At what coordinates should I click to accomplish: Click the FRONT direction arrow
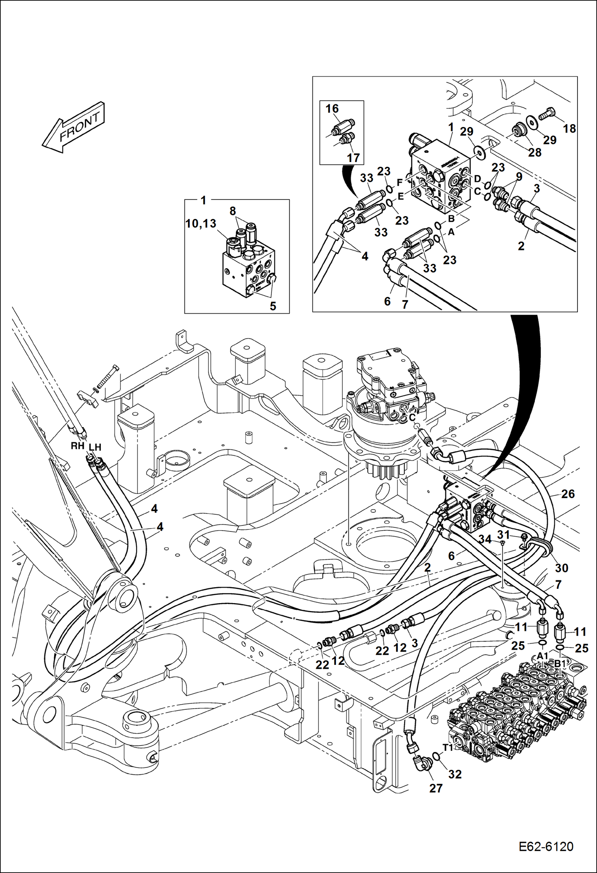pyautogui.click(x=74, y=127)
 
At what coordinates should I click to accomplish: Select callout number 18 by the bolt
pyautogui.click(x=570, y=129)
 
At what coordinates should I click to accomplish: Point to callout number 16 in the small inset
pyautogui.click(x=332, y=109)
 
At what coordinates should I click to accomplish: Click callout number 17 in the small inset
pyautogui.click(x=353, y=158)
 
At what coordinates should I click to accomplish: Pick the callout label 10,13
pyautogui.click(x=201, y=224)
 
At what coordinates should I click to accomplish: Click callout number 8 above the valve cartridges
pyautogui.click(x=233, y=211)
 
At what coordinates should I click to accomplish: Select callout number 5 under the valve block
pyautogui.click(x=273, y=306)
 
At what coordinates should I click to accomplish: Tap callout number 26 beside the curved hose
pyautogui.click(x=568, y=494)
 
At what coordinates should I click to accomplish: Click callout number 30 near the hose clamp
pyautogui.click(x=562, y=568)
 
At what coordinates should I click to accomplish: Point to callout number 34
pyautogui.click(x=485, y=540)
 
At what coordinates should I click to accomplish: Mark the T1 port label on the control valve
pyautogui.click(x=448, y=748)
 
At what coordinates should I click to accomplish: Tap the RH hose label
pyautogui.click(x=77, y=446)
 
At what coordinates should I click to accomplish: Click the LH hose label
pyautogui.click(x=95, y=447)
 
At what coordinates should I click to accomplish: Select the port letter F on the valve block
pyautogui.click(x=400, y=183)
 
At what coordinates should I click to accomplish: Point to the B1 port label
pyautogui.click(x=560, y=664)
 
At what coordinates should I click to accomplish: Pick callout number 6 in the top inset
pyautogui.click(x=387, y=301)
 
